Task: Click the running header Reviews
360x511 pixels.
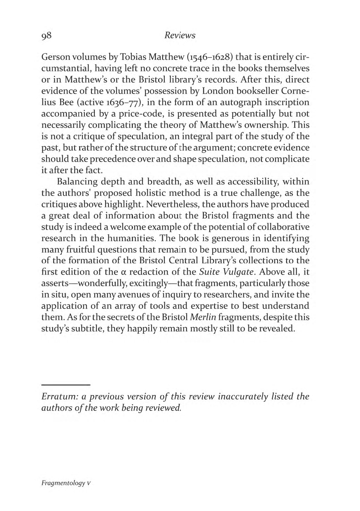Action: [180, 35]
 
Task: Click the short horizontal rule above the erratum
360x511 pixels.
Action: [66, 385]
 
